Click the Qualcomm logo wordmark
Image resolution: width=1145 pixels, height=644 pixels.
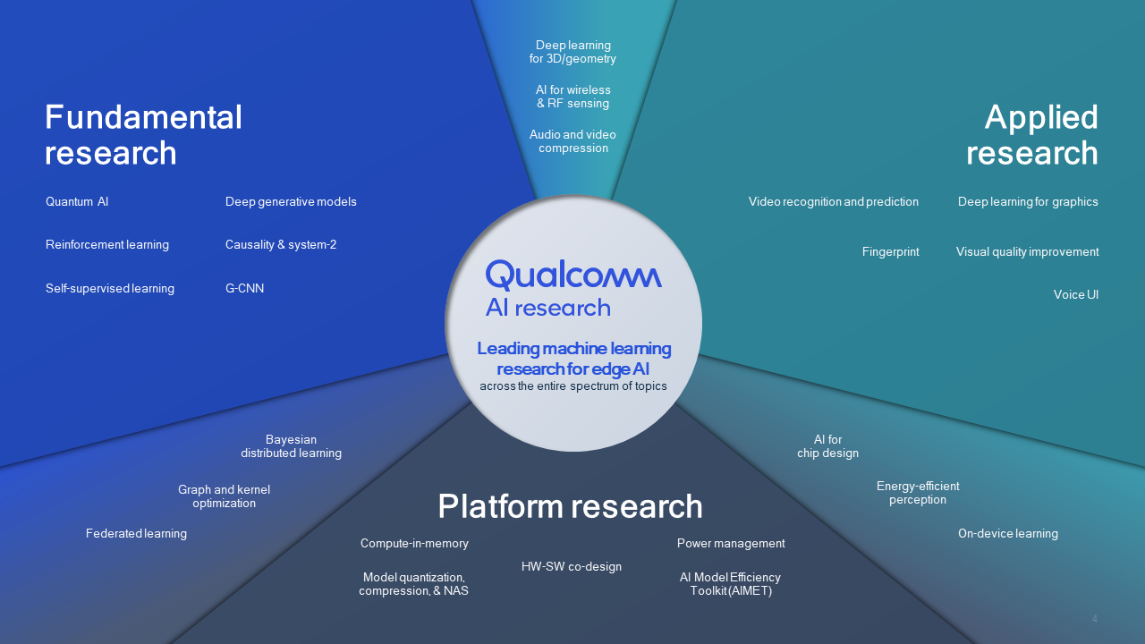[573, 275]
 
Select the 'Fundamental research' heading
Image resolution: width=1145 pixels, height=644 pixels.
[143, 135]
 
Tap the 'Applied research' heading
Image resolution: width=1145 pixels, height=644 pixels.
[1032, 135]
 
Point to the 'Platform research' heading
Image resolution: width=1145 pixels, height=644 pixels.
[570, 506]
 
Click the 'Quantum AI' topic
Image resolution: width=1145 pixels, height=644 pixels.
[77, 202]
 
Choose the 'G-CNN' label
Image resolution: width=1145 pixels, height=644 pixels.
[244, 289]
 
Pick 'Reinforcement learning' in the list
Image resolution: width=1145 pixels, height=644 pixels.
[107, 245]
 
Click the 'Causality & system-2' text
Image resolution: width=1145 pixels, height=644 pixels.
[281, 245]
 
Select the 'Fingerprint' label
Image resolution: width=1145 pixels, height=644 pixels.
[890, 252]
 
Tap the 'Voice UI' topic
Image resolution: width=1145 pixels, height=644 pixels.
[1075, 295]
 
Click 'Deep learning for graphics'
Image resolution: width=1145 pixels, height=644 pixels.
[1028, 202]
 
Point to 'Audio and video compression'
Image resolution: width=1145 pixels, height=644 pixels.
[572, 141]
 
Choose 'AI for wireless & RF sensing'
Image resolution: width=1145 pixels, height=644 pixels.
[572, 97]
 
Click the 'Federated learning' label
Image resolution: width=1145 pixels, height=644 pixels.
[136, 534]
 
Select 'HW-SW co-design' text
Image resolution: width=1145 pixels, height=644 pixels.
[572, 567]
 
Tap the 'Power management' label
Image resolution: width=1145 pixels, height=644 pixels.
[731, 544]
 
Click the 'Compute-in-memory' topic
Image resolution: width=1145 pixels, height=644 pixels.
[414, 544]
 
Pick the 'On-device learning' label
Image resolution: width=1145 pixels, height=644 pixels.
[1007, 534]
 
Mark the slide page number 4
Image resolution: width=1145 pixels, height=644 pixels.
[1094, 619]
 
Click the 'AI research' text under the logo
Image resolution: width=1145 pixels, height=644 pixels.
[547, 309]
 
